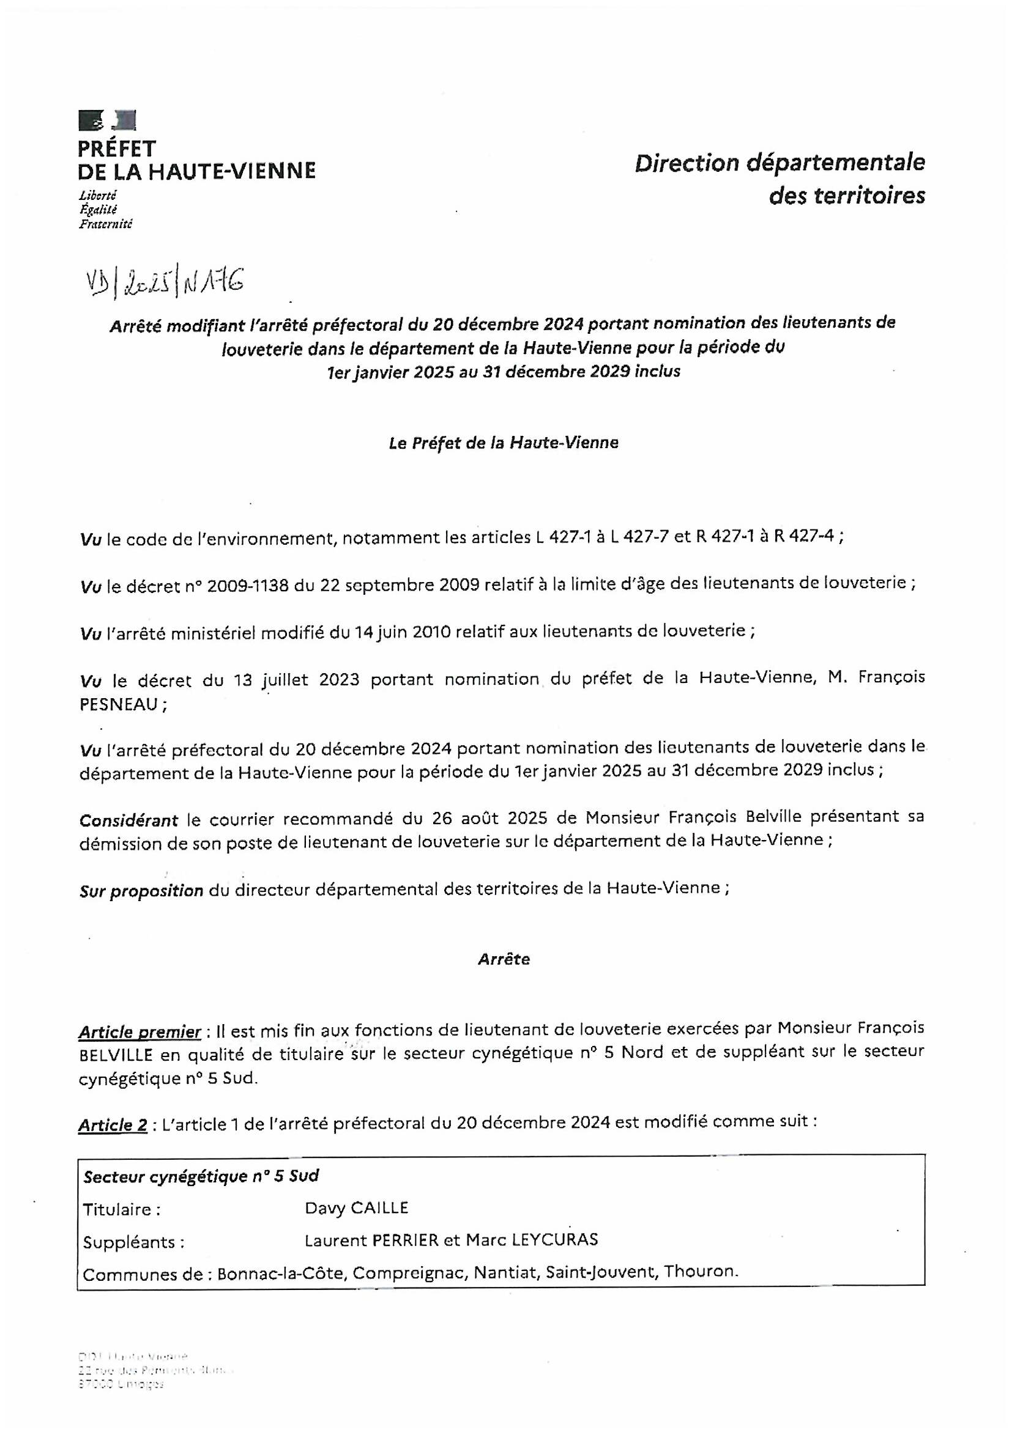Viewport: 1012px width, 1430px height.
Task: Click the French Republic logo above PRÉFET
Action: pos(107,120)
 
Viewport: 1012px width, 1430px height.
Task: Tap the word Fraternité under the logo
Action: pos(105,224)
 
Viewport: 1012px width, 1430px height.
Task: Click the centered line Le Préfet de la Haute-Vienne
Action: pos(504,443)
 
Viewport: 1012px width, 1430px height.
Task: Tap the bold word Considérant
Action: pos(128,820)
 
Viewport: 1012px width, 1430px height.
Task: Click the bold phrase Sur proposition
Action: pos(141,891)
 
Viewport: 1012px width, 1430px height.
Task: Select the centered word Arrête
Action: pos(504,959)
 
